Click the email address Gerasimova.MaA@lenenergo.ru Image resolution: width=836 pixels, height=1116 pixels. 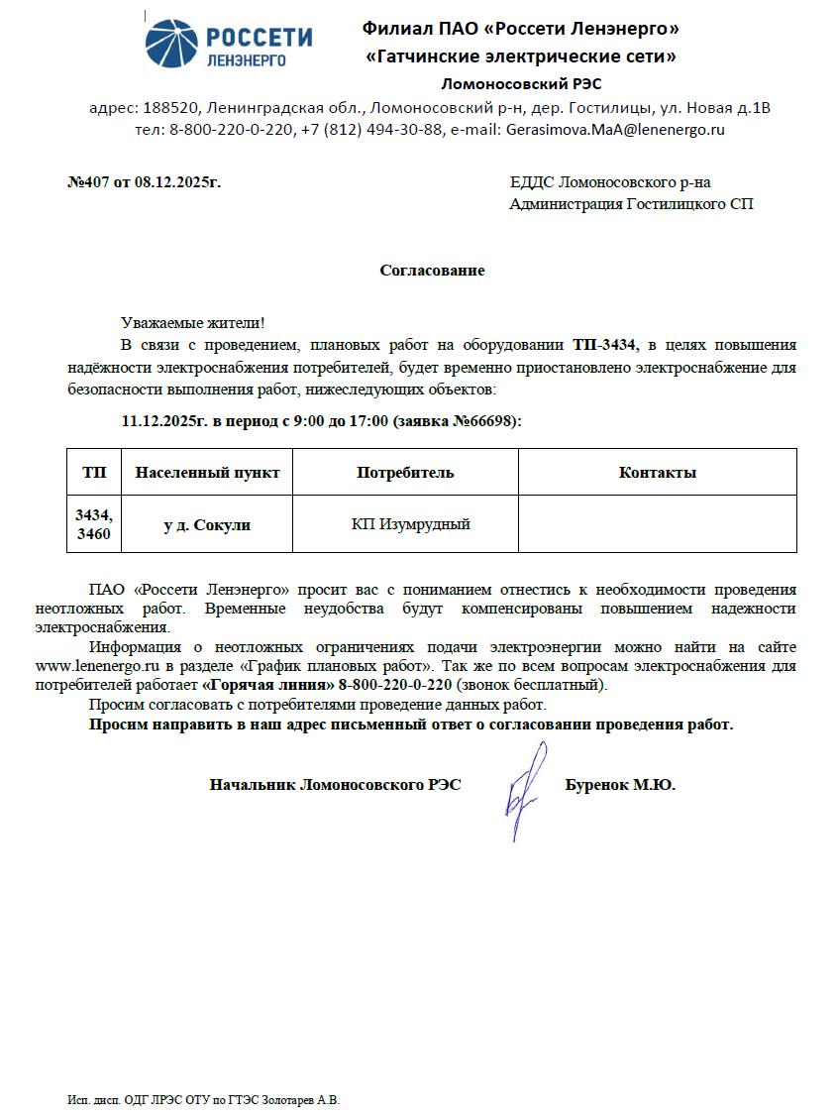pos(615,129)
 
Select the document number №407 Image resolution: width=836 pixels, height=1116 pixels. pos(86,182)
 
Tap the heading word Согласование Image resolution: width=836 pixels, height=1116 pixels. pos(432,271)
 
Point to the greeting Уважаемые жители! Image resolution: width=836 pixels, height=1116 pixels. pos(192,323)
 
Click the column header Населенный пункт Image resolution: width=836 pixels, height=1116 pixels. pos(207,473)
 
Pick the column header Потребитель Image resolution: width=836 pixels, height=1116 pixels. pos(405,473)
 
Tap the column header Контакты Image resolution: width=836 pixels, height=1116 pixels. pos(657,473)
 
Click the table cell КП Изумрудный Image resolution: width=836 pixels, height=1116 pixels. pos(410,524)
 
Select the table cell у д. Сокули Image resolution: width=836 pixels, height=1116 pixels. pos(207,525)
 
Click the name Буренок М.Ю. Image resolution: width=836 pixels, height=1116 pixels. pos(620,785)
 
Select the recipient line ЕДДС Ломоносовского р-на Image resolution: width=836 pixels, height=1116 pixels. pos(610,182)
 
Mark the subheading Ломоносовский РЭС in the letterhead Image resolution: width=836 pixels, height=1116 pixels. pos(520,84)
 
